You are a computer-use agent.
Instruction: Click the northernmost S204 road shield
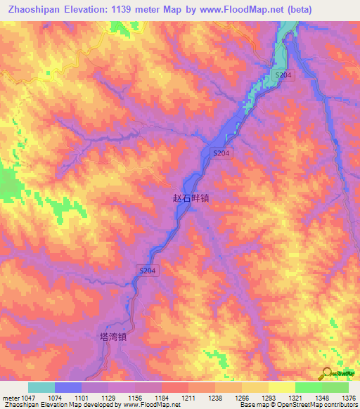coord(283,74)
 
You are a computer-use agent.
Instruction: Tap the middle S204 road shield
coord(221,153)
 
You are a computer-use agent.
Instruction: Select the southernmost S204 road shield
coord(146,270)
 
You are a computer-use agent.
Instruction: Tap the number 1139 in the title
coord(124,10)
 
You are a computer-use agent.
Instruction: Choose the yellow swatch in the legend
coord(281,387)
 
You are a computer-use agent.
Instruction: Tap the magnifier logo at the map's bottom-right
coord(327,373)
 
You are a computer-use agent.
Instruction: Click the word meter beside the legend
coord(10,398)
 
